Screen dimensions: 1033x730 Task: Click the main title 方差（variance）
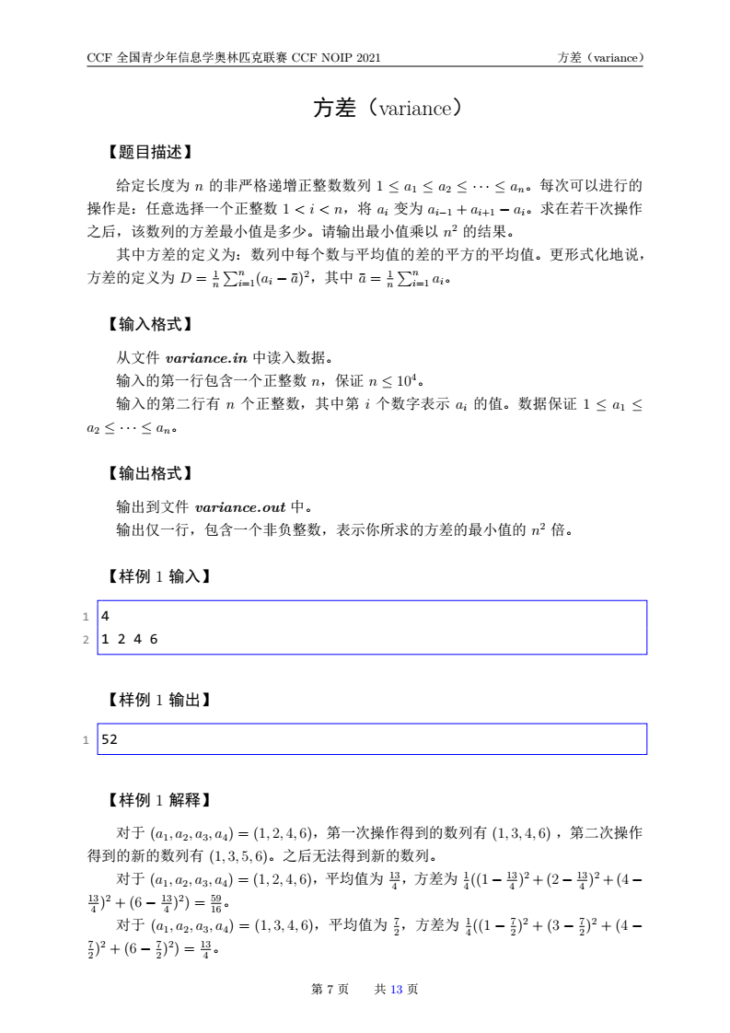pyautogui.click(x=386, y=109)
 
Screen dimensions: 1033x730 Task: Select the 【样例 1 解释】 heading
pyautogui.click(x=154, y=800)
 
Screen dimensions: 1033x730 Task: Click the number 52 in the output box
pyautogui.click(x=110, y=739)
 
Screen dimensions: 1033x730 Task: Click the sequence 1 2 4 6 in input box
pyautogui.click(x=129, y=639)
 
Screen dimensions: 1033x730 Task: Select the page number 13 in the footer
pyautogui.click(x=398, y=989)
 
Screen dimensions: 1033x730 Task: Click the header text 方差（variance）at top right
pyautogui.click(x=599, y=57)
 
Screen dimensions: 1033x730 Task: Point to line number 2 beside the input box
pyautogui.click(x=86, y=639)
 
